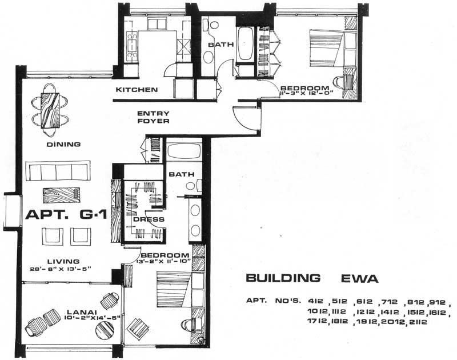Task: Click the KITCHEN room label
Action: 137,90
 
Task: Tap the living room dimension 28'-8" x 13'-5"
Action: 60,269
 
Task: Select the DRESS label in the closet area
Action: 149,219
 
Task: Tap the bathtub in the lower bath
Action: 183,153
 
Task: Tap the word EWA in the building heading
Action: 355,278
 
